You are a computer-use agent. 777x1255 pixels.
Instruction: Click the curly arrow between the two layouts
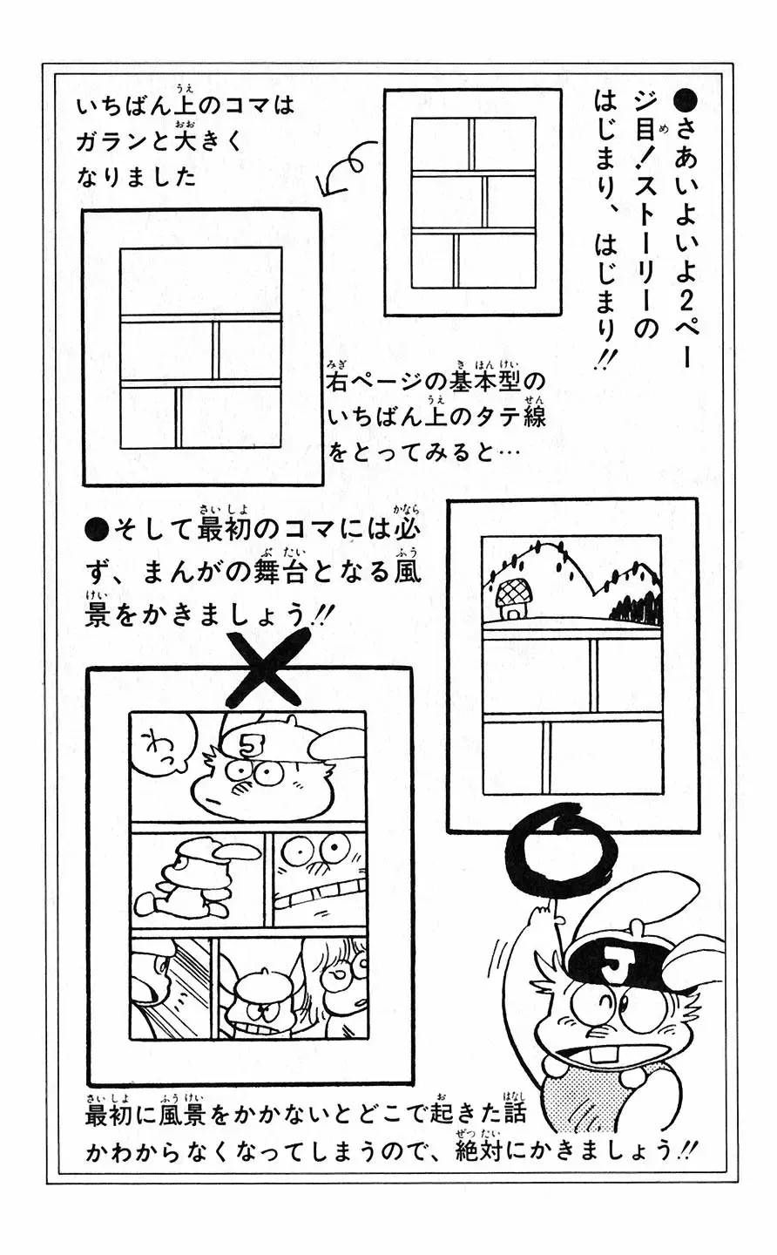tap(344, 171)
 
